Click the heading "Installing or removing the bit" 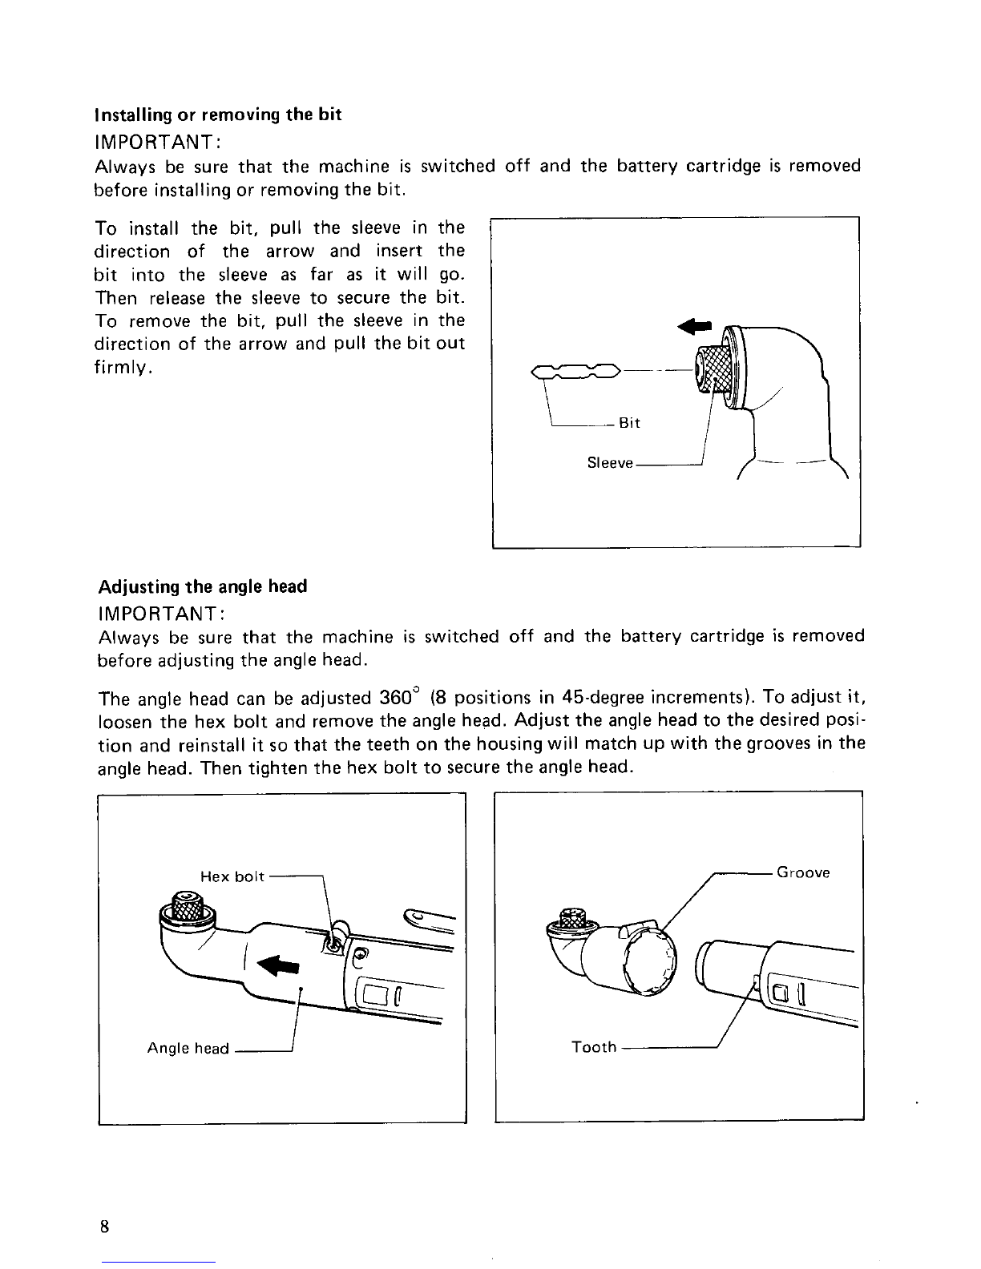218,115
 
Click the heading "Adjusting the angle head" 202,586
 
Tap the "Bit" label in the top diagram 629,423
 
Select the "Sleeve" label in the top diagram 610,463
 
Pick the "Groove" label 803,872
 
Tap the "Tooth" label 593,1046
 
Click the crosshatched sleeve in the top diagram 716,368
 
